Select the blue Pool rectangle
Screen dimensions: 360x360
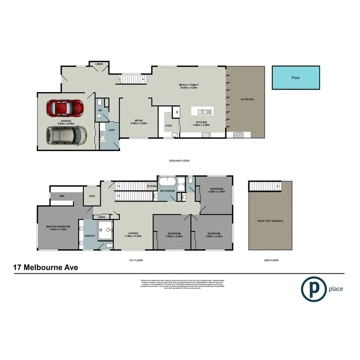(x=295, y=78)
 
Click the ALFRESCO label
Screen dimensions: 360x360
(x=247, y=100)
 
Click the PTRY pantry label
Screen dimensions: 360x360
(x=168, y=126)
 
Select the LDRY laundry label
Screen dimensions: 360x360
(x=112, y=130)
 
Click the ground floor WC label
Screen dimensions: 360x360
(x=100, y=110)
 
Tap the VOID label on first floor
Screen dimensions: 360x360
(x=92, y=196)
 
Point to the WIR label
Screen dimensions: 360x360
(x=62, y=196)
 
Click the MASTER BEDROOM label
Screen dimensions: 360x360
(x=58, y=226)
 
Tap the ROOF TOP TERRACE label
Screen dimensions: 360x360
(x=270, y=221)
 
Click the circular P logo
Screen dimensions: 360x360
(x=313, y=289)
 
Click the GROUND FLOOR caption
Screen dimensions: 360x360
(x=179, y=161)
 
